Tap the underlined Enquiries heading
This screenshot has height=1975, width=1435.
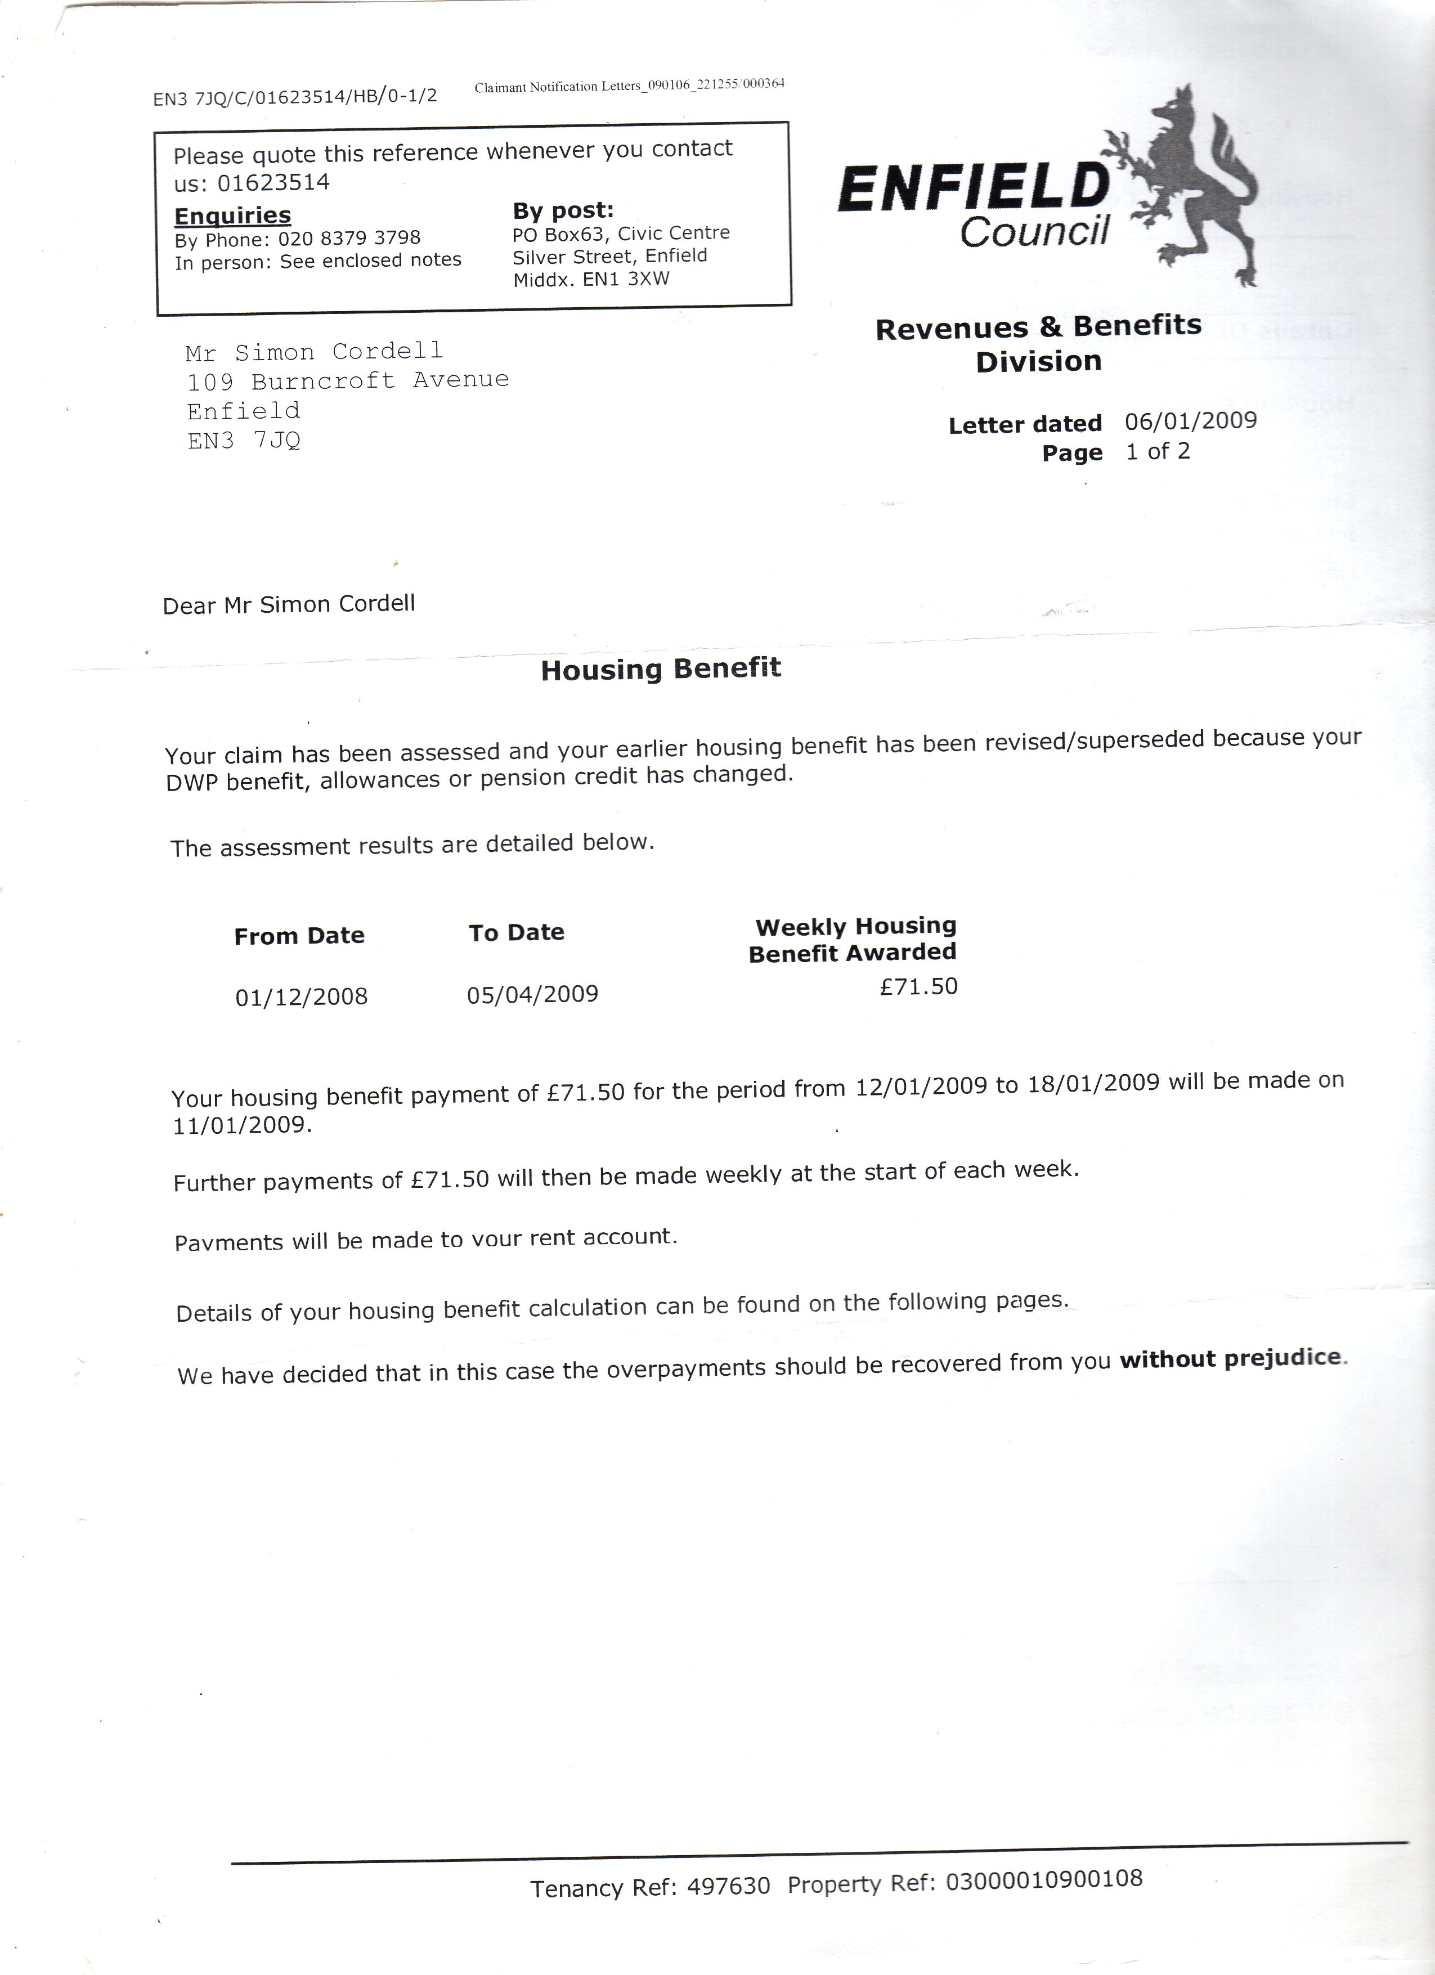pyautogui.click(x=232, y=215)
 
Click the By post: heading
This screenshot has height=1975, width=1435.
pyautogui.click(x=563, y=210)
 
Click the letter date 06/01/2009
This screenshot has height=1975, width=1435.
pyautogui.click(x=1190, y=421)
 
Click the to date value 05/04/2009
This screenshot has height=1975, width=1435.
pyautogui.click(x=532, y=994)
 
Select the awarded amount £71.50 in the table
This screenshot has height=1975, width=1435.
pyautogui.click(x=918, y=986)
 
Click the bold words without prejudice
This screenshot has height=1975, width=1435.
pyautogui.click(x=1231, y=1358)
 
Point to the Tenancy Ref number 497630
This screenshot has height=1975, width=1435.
pyautogui.click(x=728, y=1886)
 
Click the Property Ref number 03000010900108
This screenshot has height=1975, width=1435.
pyautogui.click(x=1043, y=1879)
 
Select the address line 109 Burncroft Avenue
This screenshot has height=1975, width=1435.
pyautogui.click(x=347, y=380)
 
